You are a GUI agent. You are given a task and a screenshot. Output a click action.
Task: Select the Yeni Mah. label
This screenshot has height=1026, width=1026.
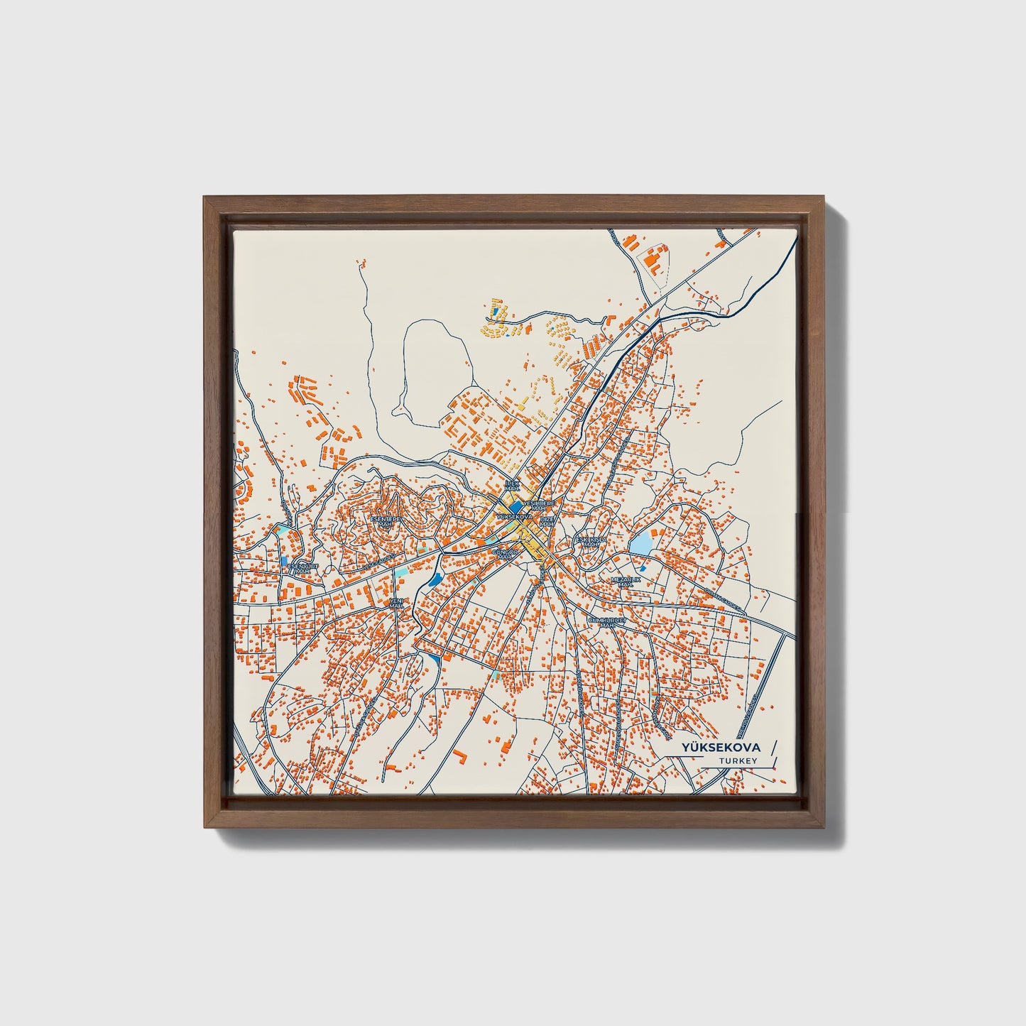click(x=396, y=603)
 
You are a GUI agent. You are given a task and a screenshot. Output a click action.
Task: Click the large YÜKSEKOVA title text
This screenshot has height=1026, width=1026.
click(x=721, y=748)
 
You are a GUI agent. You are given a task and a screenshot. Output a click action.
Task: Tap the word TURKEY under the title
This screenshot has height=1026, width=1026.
click(x=738, y=761)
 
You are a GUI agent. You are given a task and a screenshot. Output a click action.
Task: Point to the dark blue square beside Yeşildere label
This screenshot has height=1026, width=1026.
click(x=515, y=507)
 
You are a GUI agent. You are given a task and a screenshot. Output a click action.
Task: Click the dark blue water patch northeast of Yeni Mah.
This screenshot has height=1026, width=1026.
click(x=435, y=580)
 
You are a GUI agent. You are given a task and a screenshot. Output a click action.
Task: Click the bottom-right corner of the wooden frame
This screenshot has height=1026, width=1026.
click(x=824, y=826)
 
